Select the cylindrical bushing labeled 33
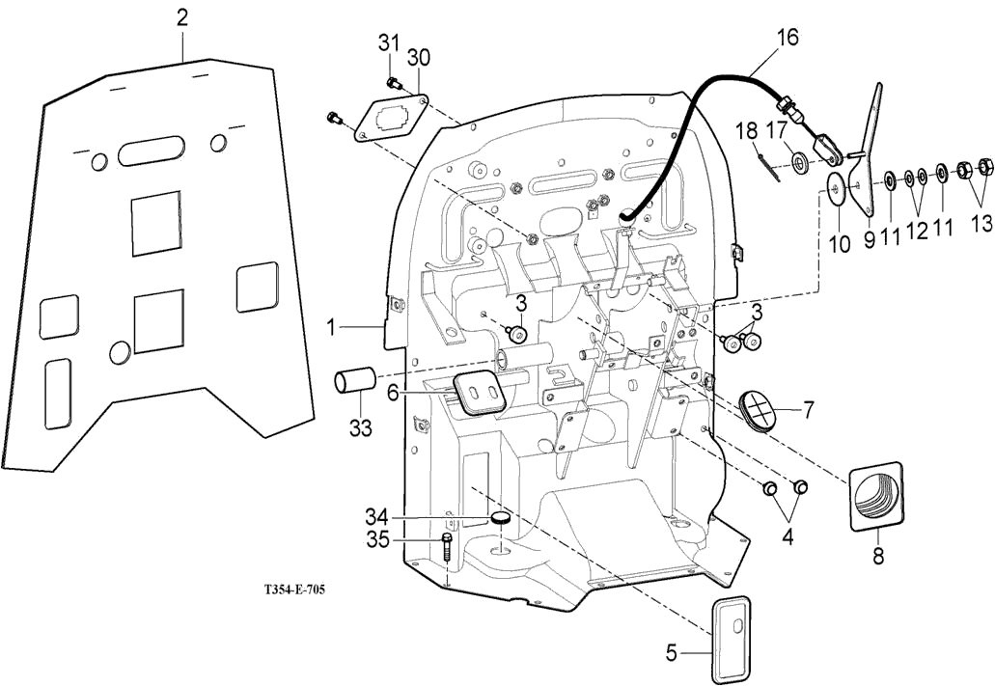click(x=354, y=380)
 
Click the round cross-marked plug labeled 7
click(x=760, y=409)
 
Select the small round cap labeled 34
click(x=500, y=519)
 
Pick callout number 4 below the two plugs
click(x=788, y=537)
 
